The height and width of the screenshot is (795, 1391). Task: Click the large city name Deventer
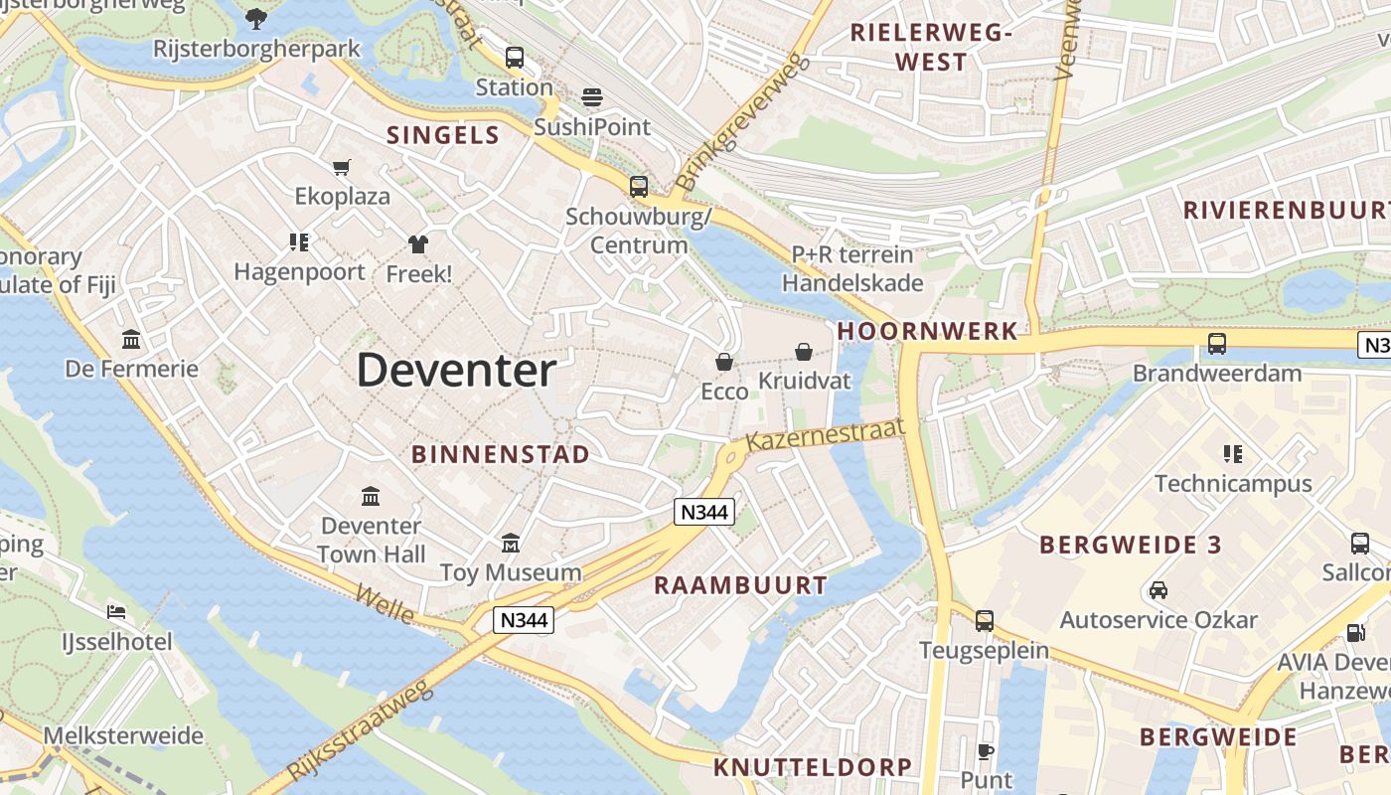point(456,371)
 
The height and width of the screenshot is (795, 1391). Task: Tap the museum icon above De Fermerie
point(131,340)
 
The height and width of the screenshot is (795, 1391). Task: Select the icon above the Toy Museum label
point(511,543)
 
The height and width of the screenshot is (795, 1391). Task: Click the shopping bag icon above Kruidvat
point(803,352)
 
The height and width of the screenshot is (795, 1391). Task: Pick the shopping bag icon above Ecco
point(724,362)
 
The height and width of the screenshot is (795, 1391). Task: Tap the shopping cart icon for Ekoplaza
point(342,167)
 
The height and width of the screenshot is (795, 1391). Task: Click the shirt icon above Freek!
point(417,244)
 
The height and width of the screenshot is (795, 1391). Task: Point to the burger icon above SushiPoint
point(592,97)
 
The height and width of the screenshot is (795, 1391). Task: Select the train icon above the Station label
point(514,58)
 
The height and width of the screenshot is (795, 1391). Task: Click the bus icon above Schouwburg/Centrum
point(638,186)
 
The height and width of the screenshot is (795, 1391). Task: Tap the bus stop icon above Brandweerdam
point(1217,344)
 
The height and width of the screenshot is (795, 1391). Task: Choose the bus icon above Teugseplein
point(984,621)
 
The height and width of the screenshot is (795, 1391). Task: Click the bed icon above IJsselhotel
point(117,611)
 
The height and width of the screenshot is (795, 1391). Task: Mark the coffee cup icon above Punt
point(986,751)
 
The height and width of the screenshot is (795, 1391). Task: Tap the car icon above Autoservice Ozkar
point(1158,590)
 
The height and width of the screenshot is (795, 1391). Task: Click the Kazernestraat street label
point(826,434)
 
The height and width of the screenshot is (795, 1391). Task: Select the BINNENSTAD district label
point(501,454)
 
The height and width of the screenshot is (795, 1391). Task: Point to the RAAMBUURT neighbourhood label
point(740,585)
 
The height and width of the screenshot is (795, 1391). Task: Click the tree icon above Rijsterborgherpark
point(256,17)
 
